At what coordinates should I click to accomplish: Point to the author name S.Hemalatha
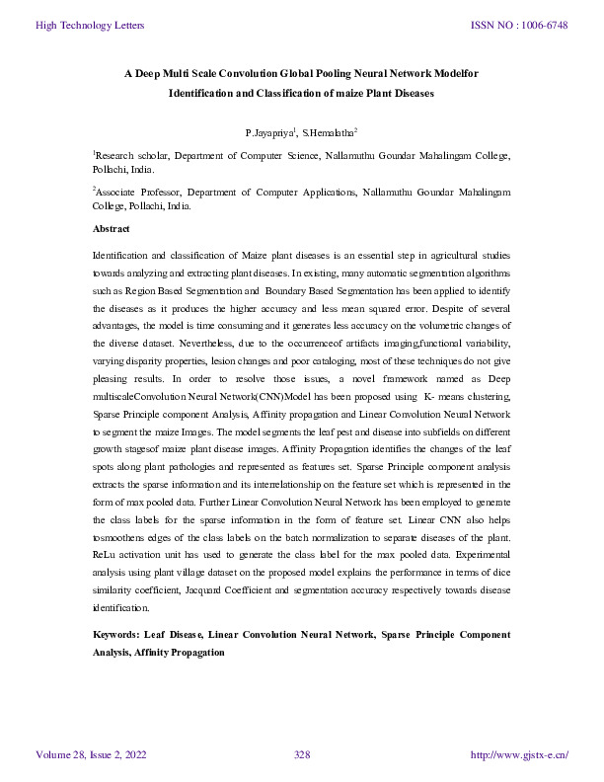[x=329, y=131]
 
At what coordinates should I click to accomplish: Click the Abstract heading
[x=111, y=228]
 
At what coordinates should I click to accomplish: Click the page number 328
[x=302, y=755]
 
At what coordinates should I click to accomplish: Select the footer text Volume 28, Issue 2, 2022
[x=91, y=755]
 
